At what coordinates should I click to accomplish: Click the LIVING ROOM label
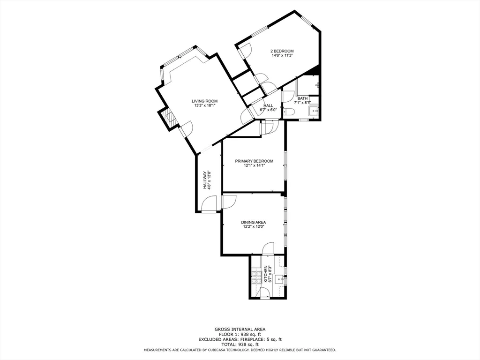(204, 101)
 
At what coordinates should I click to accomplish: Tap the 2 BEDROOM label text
(282, 51)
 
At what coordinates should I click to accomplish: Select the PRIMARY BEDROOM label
(254, 161)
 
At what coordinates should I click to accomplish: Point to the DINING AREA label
(254, 222)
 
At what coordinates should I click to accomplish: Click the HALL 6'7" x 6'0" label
(269, 108)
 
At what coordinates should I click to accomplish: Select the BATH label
(302, 98)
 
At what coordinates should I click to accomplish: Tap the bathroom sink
(313, 111)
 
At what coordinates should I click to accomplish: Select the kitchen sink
(281, 280)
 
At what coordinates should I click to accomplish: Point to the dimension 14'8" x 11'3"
(282, 55)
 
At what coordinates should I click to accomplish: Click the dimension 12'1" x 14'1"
(254, 165)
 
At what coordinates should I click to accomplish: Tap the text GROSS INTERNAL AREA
(240, 329)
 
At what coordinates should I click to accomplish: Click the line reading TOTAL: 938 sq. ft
(240, 345)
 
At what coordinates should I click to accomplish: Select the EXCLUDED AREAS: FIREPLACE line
(240, 339)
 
